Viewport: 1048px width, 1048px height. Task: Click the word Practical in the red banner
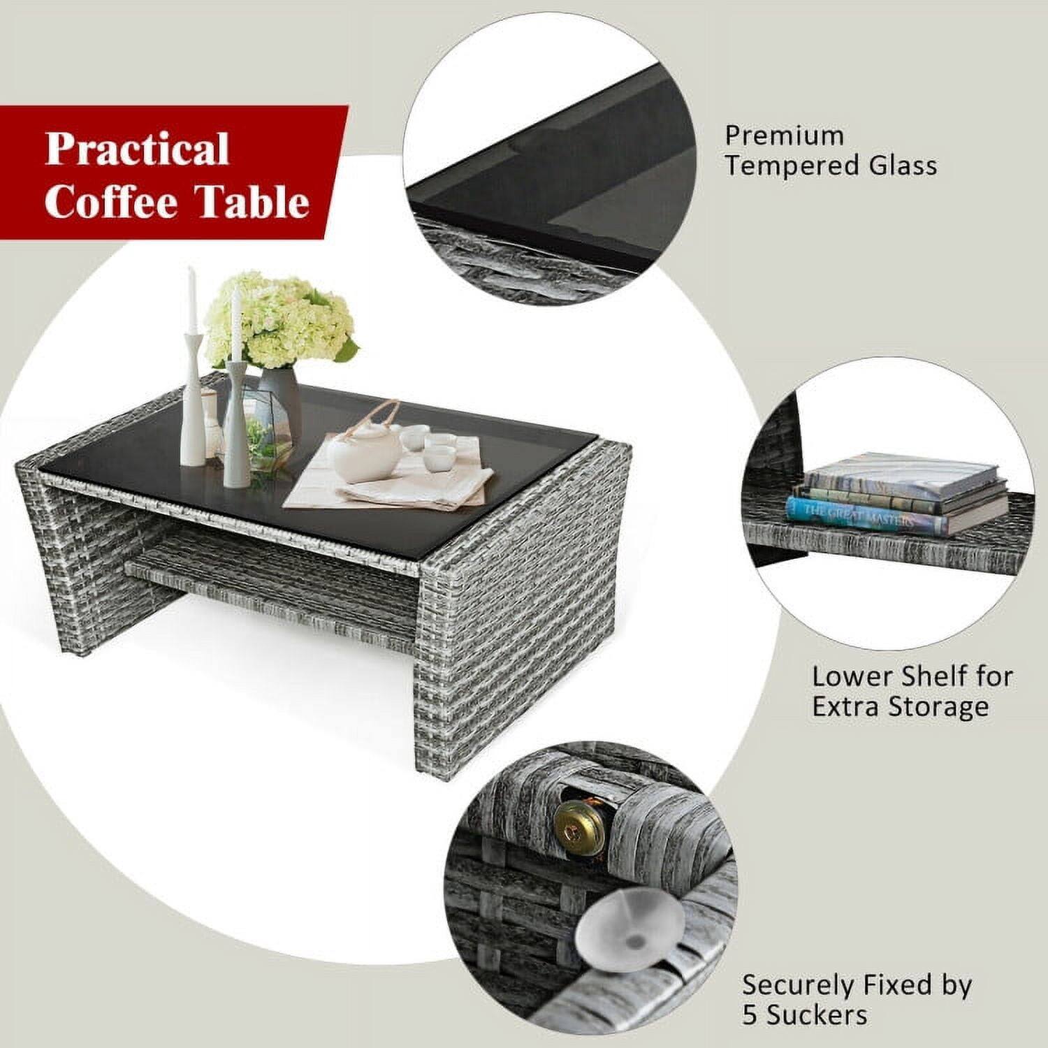click(138, 149)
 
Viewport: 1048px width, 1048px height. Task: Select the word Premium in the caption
click(784, 135)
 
